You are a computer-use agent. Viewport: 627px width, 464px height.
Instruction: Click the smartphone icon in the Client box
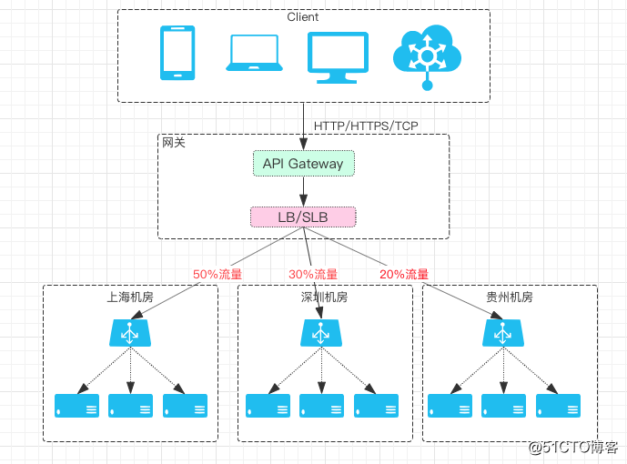(177, 53)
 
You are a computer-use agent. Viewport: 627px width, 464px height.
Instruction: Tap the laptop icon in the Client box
(256, 53)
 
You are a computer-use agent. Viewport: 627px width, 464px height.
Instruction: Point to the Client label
(303, 17)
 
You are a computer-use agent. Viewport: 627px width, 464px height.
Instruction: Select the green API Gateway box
(303, 164)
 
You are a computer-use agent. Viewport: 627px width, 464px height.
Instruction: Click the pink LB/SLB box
(303, 217)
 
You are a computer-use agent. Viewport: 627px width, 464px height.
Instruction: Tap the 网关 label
(174, 143)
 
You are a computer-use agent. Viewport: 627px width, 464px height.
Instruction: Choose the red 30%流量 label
(313, 274)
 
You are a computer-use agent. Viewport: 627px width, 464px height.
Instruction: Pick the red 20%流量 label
(403, 274)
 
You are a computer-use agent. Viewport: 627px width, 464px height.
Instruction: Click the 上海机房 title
(130, 298)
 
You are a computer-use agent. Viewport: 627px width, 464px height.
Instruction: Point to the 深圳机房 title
(324, 298)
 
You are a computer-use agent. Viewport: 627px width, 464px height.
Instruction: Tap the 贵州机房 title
(510, 298)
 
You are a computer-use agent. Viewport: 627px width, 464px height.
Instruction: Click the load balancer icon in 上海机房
(131, 333)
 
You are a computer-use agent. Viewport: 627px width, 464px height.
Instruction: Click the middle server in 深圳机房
(320, 405)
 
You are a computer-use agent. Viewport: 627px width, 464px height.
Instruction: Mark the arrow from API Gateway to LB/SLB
(303, 191)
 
